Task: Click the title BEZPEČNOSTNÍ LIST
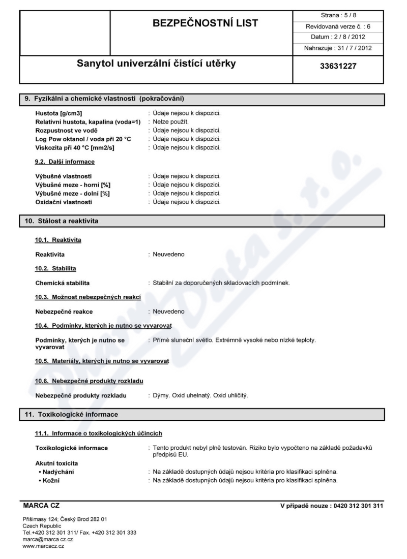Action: coord(202,23)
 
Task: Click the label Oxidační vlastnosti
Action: coord(64,202)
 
